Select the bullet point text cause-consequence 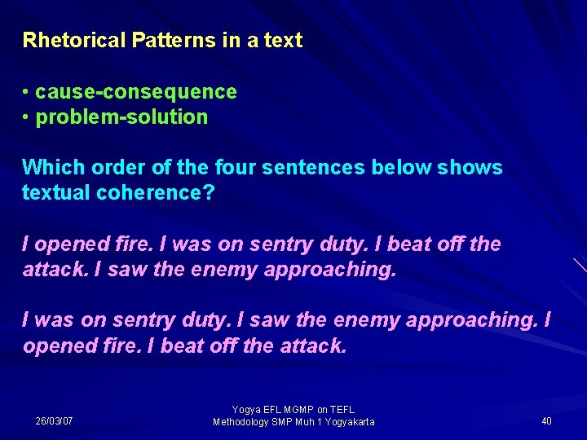136,91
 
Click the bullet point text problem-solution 122,117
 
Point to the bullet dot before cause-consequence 27,92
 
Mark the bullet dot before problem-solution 27,117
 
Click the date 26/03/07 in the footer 54,421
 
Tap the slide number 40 546,421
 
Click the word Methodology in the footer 243,422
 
